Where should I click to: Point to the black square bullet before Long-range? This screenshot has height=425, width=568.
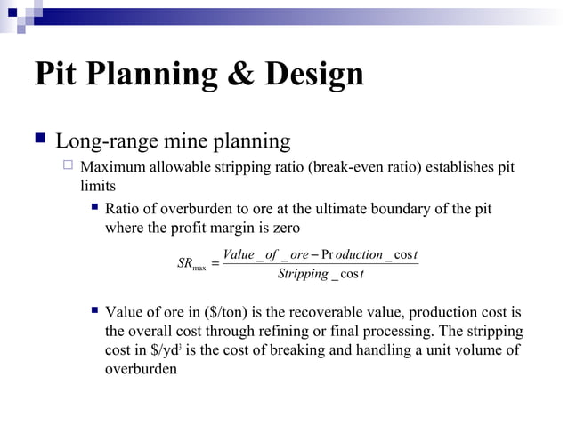(x=39, y=140)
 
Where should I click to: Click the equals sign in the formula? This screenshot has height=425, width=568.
(x=216, y=264)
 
